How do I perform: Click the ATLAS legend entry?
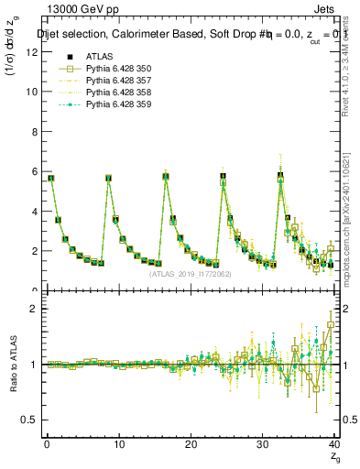click(x=99, y=58)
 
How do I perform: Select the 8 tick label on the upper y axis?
click(x=34, y=132)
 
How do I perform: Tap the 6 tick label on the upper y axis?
click(x=34, y=171)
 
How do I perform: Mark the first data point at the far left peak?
click(x=51, y=178)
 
